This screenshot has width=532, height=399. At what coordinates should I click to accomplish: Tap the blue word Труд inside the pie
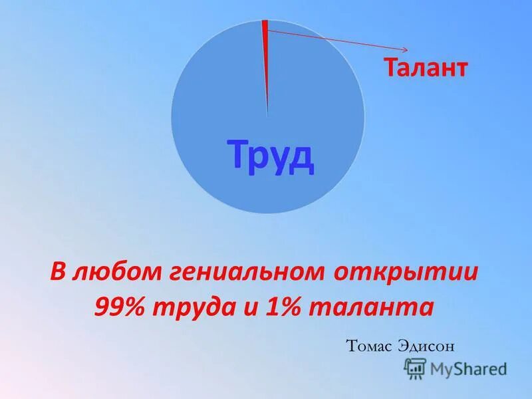[271, 155]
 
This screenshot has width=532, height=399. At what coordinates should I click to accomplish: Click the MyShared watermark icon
[415, 368]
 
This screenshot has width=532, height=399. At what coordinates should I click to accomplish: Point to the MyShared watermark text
[468, 368]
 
